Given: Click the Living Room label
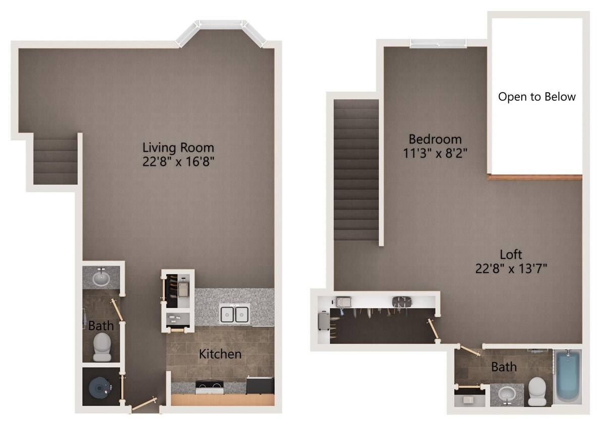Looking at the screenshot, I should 178,148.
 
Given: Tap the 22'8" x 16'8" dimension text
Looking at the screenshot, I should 178,162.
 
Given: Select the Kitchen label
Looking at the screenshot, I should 220,354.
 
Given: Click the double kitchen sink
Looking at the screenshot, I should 234,314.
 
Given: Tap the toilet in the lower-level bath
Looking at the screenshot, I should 102,346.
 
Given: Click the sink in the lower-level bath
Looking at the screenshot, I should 101,277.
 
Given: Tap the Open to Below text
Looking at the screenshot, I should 536,97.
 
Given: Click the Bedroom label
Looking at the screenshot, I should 435,139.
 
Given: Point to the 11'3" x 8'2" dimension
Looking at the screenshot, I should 435,153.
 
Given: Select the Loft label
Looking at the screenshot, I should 511,254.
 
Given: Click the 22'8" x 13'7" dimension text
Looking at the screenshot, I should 511,268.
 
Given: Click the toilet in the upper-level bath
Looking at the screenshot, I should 537,391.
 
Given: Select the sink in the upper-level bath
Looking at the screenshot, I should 506,394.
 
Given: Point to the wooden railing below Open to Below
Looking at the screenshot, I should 535,177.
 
